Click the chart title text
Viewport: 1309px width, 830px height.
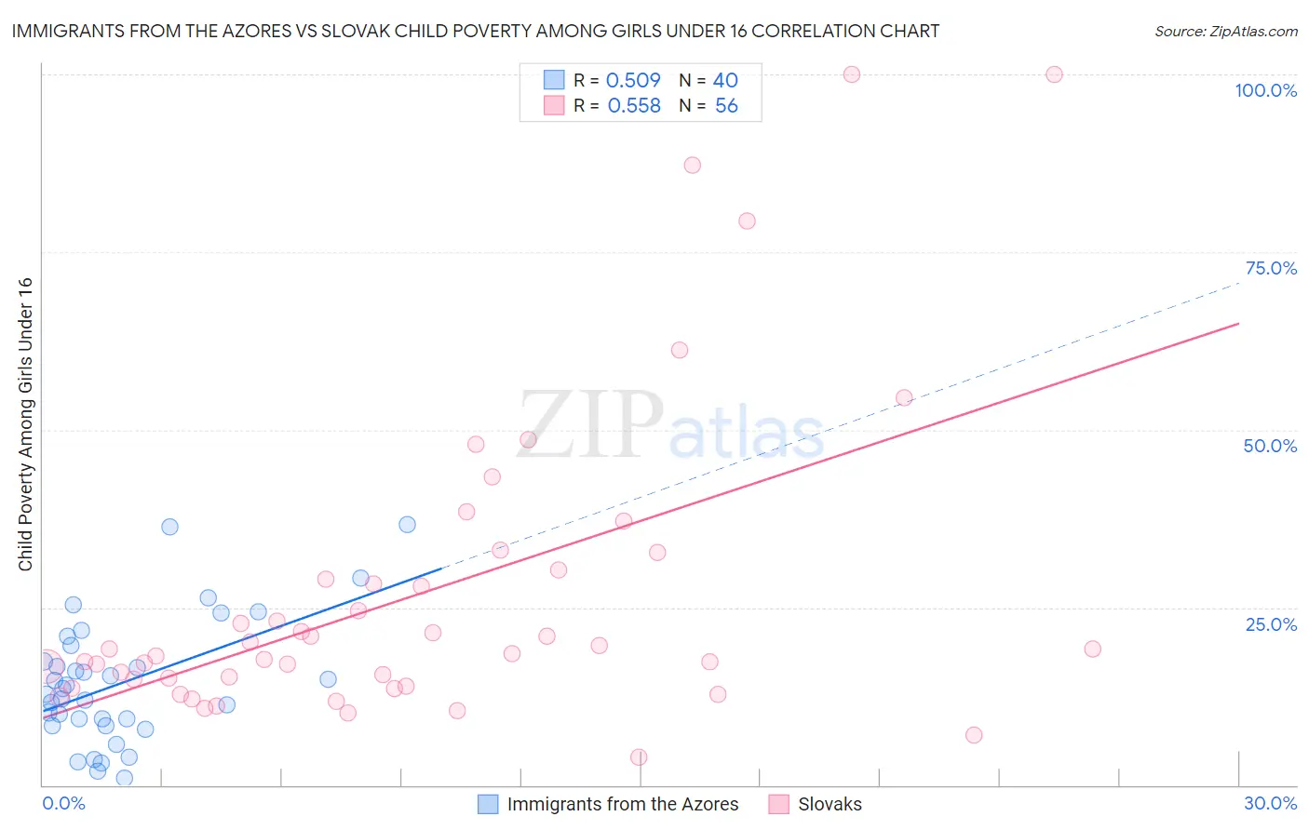coord(475,31)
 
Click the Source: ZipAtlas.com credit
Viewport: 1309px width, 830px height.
coord(1225,31)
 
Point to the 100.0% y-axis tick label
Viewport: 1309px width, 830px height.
coord(1265,90)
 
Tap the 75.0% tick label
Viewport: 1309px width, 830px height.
coord(1271,268)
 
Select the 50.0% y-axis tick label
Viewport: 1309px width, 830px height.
coord(1270,446)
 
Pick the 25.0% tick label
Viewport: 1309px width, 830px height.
coord(1271,624)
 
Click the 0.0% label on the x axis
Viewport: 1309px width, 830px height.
coord(63,803)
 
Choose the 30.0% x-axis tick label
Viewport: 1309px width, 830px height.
coord(1270,803)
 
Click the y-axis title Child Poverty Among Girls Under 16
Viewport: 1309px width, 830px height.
coord(25,424)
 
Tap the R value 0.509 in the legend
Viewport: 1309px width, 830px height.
coord(633,80)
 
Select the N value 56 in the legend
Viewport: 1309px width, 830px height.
coord(726,106)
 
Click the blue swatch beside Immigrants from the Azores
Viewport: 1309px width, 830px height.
coord(488,804)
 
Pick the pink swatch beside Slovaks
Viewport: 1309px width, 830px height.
coord(779,804)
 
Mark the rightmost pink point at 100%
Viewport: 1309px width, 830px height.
coord(1054,74)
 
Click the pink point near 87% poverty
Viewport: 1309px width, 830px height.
coord(692,165)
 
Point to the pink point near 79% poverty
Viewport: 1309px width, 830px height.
coord(747,221)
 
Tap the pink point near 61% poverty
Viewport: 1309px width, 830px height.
coord(680,350)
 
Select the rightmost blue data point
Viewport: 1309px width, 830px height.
coord(407,524)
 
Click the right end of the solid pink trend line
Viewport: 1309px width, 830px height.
coord(1238,323)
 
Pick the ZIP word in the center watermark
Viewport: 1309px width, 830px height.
coord(591,425)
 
